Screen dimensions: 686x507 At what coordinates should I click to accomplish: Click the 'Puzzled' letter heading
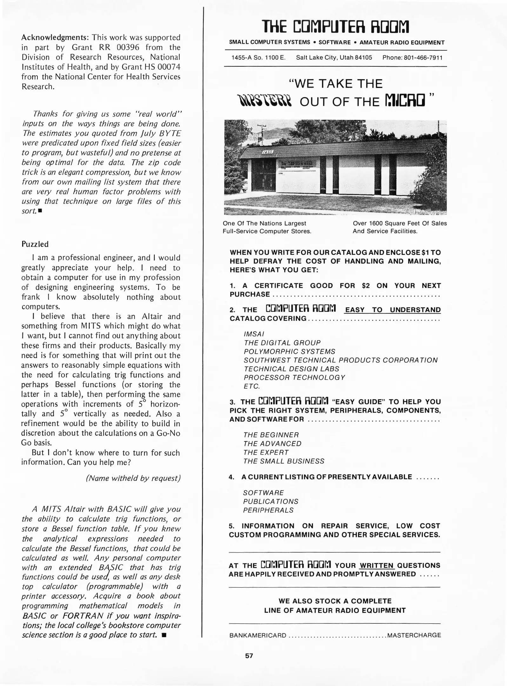(x=35, y=244)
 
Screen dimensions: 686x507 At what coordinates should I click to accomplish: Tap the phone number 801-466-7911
(x=412, y=57)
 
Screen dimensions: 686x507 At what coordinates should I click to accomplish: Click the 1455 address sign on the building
(x=267, y=152)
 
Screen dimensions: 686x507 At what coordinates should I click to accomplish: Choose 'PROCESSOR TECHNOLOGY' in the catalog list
(x=294, y=377)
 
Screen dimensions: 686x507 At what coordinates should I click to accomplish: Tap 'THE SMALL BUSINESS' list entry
(x=284, y=461)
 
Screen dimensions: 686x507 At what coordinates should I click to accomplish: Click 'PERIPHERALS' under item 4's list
(x=268, y=510)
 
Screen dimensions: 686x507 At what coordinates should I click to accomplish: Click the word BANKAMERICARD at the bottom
(x=258, y=636)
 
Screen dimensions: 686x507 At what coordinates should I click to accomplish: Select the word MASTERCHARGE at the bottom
(x=414, y=635)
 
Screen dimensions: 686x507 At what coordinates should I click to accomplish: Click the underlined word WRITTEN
(x=377, y=566)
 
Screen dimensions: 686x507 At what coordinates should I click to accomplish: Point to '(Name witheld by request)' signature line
(x=133, y=478)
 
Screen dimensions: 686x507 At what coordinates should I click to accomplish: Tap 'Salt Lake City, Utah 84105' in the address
(x=334, y=57)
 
